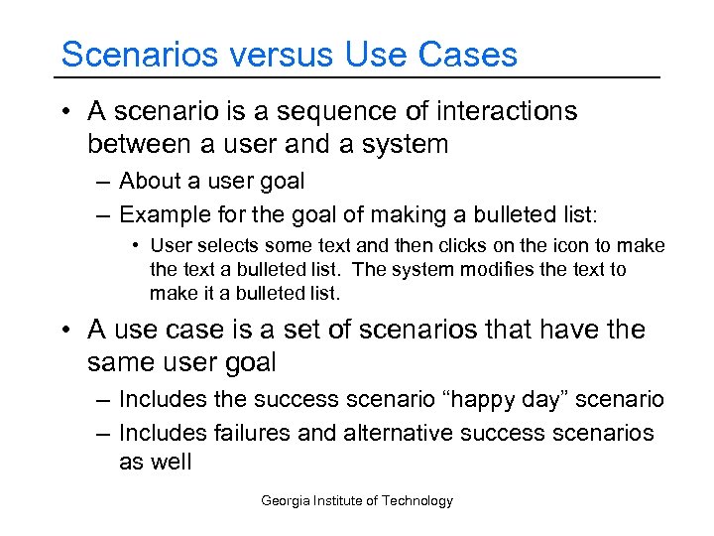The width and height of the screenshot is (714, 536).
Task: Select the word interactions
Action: click(503, 111)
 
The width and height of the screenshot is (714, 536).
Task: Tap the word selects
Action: click(226, 245)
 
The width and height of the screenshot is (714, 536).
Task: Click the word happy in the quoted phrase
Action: click(482, 400)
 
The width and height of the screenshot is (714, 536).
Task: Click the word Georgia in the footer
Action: click(284, 501)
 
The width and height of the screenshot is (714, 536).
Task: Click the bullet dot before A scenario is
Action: click(66, 111)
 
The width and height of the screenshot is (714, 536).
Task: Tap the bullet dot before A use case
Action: click(66, 329)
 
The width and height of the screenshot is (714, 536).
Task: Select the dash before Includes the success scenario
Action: click(104, 400)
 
